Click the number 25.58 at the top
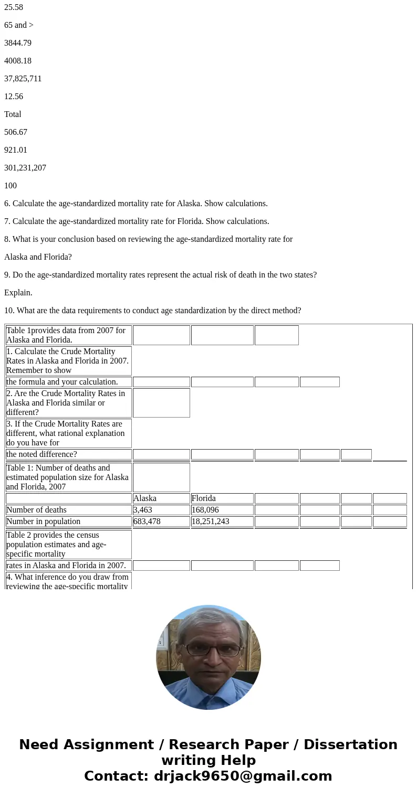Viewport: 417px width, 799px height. pyautogui.click(x=14, y=7)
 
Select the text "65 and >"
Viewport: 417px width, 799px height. pyautogui.click(x=19, y=25)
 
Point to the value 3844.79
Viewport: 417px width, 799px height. pyautogui.click(x=18, y=43)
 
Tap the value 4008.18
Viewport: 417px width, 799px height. pyautogui.click(x=18, y=61)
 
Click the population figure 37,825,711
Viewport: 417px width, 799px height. pyautogui.click(x=23, y=79)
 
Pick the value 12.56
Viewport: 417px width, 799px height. pyautogui.click(x=14, y=97)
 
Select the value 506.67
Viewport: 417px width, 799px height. pyautogui.click(x=16, y=132)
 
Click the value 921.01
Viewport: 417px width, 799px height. pyautogui.click(x=16, y=150)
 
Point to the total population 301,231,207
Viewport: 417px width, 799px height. pyautogui.click(x=25, y=168)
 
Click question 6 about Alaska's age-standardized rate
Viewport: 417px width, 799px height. pyautogui.click(x=135, y=204)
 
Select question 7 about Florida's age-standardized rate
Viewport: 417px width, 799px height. pyautogui.click(x=137, y=221)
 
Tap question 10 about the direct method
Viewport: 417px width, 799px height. pyautogui.click(x=152, y=311)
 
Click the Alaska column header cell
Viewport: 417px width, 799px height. pyautogui.click(x=161, y=498)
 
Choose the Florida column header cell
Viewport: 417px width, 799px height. pyautogui.click(x=222, y=498)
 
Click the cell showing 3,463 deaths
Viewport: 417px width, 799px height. pyautogui.click(x=161, y=510)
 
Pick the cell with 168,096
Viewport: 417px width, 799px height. pyautogui.click(x=222, y=510)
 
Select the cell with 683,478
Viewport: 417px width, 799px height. pyautogui.click(x=161, y=521)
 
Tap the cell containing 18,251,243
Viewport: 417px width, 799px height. pyautogui.click(x=222, y=521)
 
